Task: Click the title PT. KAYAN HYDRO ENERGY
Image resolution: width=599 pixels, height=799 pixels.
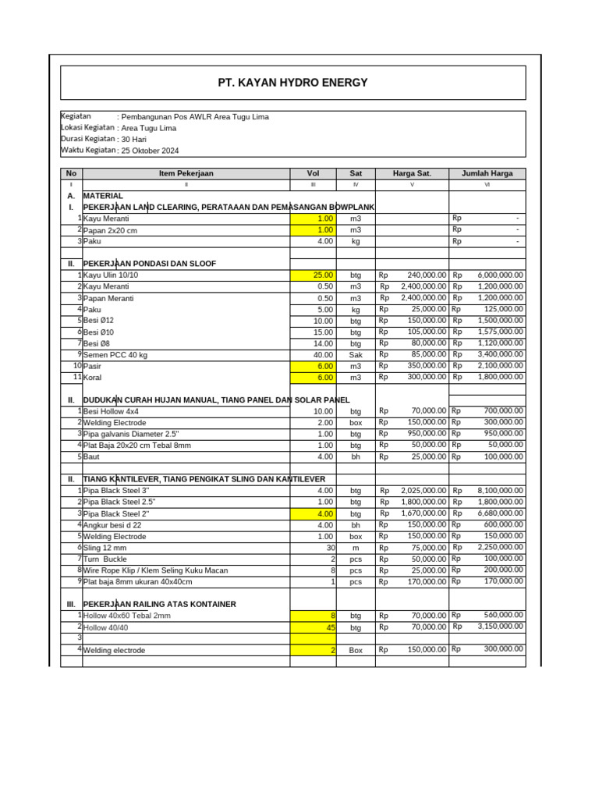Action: [292, 83]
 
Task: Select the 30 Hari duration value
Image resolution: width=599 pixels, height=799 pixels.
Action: [133, 139]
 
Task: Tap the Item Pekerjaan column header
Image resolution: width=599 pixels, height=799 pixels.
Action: [186, 173]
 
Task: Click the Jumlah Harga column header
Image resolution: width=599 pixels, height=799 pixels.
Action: [487, 173]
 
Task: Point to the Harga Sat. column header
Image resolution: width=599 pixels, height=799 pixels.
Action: [412, 173]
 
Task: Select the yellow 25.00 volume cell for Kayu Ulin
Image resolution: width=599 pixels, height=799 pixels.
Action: [313, 275]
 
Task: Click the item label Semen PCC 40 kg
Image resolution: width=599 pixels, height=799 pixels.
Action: [115, 354]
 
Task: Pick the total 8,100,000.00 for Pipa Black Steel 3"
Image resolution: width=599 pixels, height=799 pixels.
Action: [500, 490]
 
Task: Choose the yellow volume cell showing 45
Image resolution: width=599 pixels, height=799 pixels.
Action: [313, 627]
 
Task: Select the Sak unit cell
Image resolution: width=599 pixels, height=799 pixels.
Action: [356, 354]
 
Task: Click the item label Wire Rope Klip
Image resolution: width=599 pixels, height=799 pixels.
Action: [155, 570]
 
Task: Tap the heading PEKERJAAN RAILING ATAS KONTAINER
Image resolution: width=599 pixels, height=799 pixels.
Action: [159, 604]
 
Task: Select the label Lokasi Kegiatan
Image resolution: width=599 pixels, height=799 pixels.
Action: [88, 127]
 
